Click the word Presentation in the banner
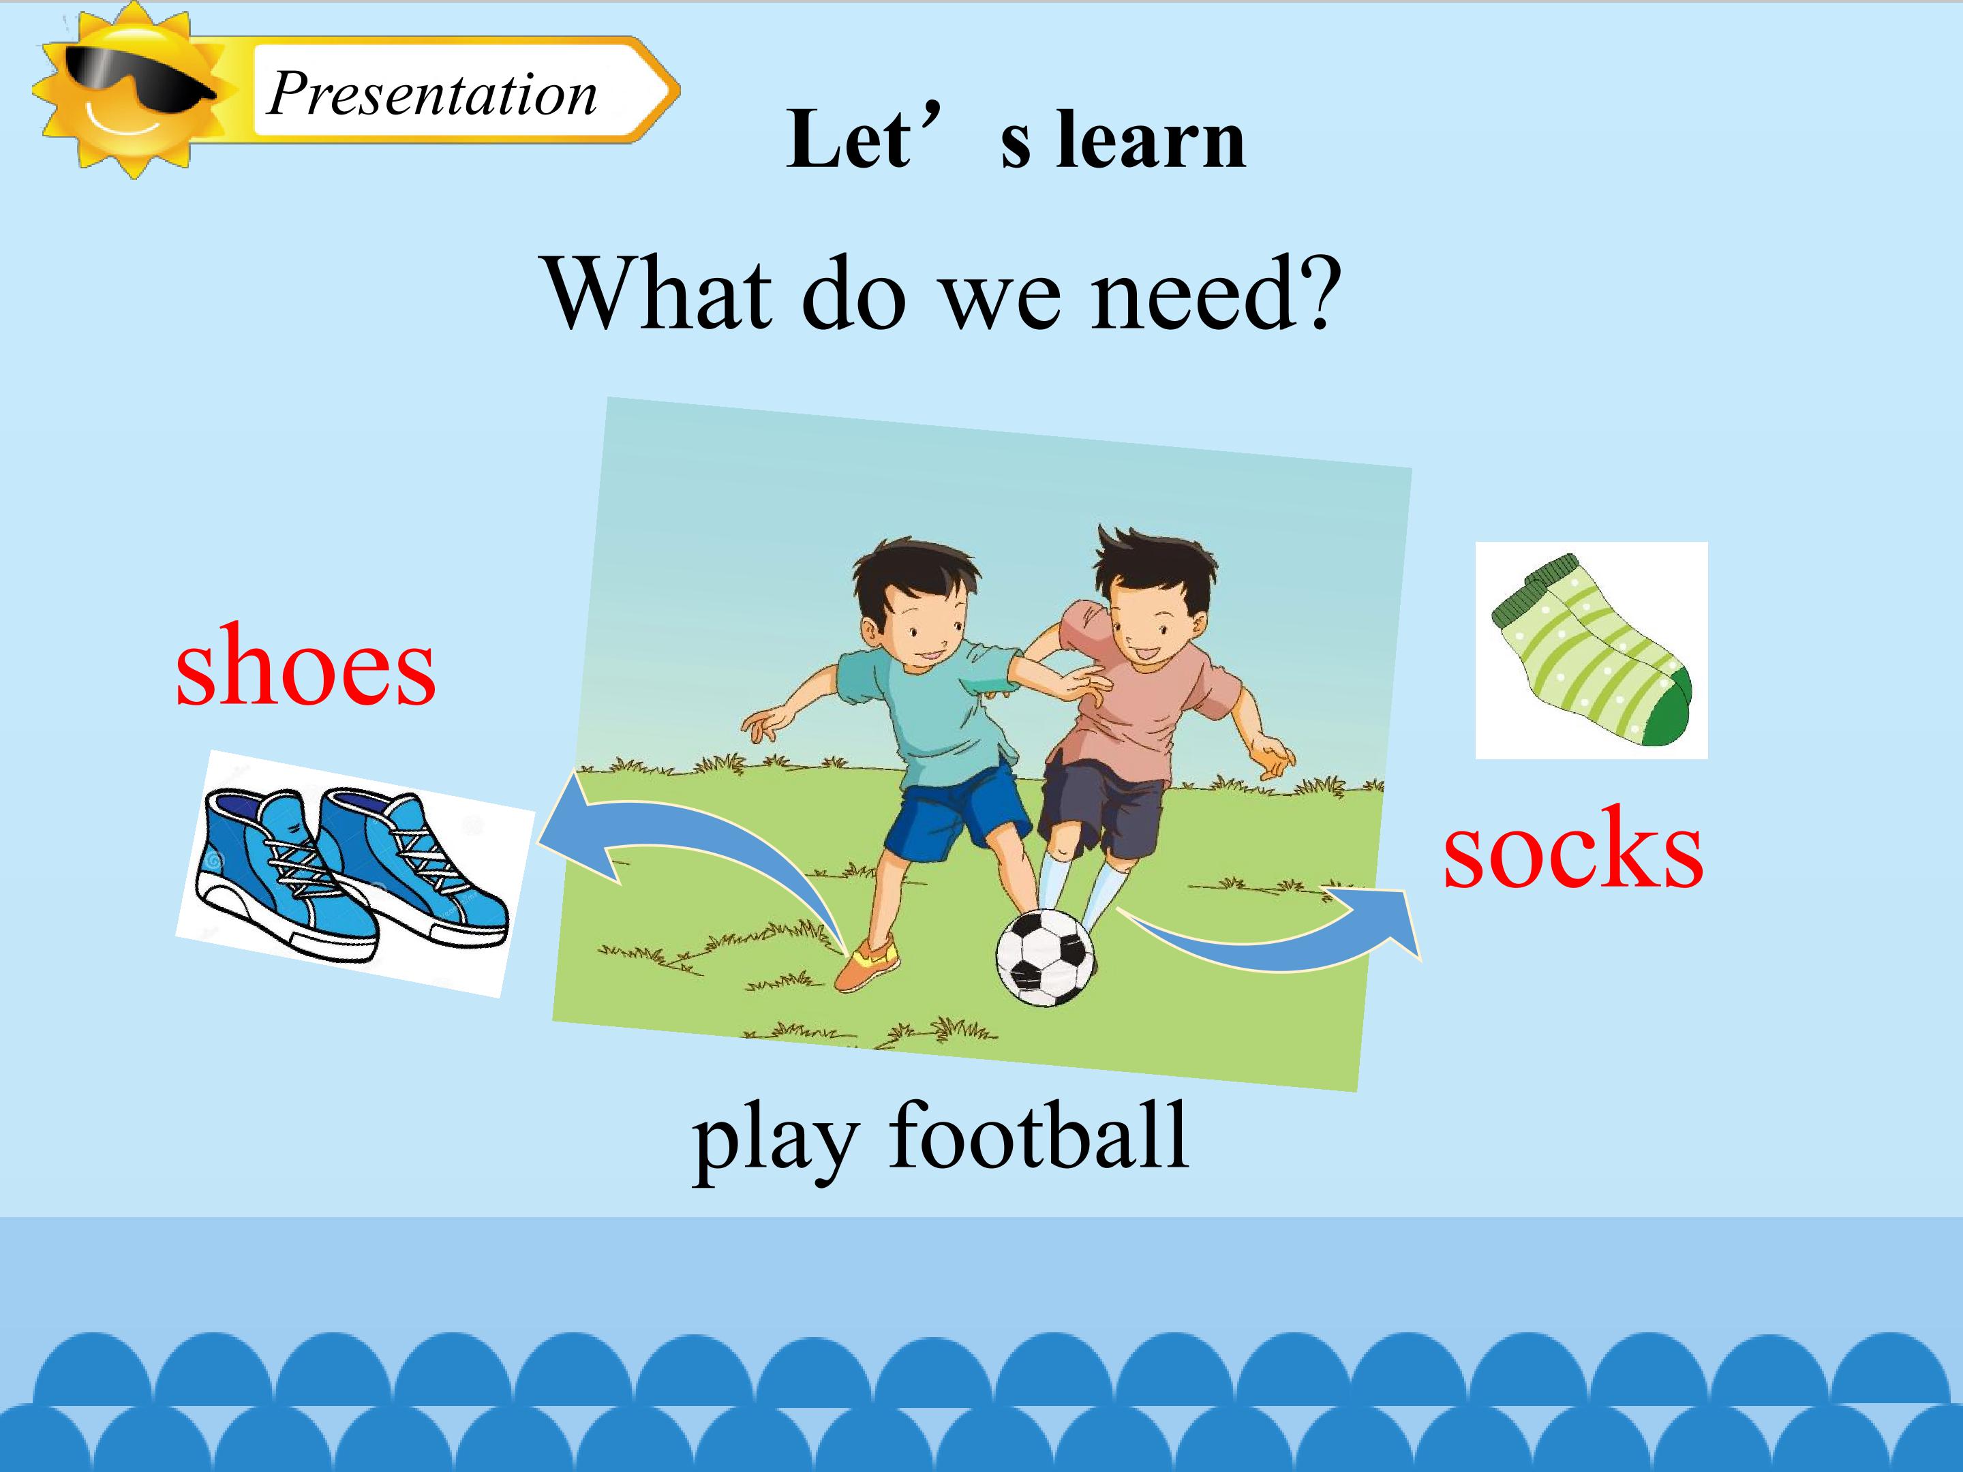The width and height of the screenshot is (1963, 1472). tap(432, 94)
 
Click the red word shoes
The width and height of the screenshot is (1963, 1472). tap(305, 665)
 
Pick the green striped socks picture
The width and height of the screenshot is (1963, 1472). tap(1591, 649)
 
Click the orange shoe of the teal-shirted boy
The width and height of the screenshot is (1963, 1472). tap(867, 966)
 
